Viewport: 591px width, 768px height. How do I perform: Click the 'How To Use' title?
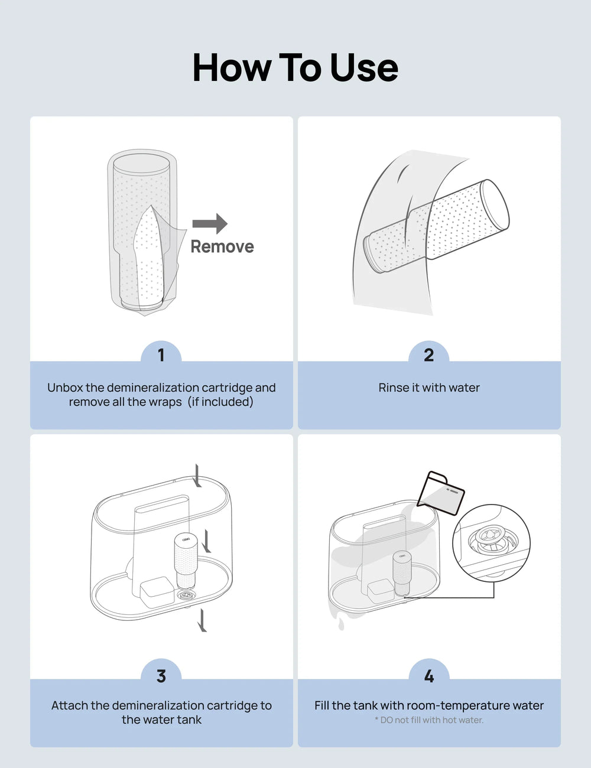click(295, 67)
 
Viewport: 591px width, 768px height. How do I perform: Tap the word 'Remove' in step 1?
click(222, 246)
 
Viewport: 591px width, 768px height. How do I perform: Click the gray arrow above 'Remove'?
click(210, 223)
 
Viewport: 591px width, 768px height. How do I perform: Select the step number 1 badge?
click(161, 355)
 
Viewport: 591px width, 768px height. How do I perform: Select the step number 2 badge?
click(428, 355)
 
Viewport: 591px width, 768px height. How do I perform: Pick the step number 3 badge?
click(161, 676)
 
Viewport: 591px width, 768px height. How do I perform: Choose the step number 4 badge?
click(428, 676)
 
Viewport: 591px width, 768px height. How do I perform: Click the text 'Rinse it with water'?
click(428, 388)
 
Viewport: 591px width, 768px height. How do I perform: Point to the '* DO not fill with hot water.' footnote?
click(428, 720)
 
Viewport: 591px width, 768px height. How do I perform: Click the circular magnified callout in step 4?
click(491, 542)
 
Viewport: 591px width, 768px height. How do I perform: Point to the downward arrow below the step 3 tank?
click(203, 620)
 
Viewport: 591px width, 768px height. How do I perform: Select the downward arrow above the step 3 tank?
click(197, 475)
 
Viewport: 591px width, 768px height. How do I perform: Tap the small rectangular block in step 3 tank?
click(157, 590)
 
